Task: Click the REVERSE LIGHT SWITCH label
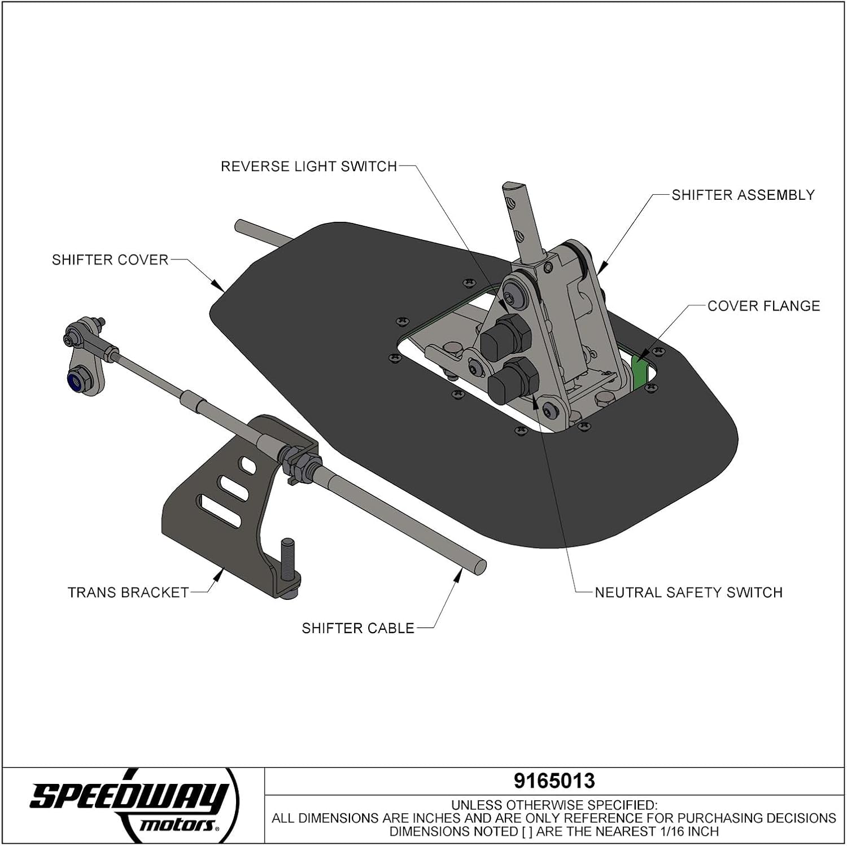click(x=309, y=166)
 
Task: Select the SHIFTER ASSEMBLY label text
click(x=743, y=195)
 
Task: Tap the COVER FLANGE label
click(x=763, y=306)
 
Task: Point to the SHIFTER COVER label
click(x=110, y=260)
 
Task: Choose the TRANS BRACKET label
click(x=128, y=593)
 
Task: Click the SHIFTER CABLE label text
click(x=358, y=628)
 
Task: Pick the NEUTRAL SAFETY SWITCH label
click(x=688, y=593)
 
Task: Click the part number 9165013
click(x=554, y=781)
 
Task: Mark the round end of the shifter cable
click(x=479, y=565)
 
